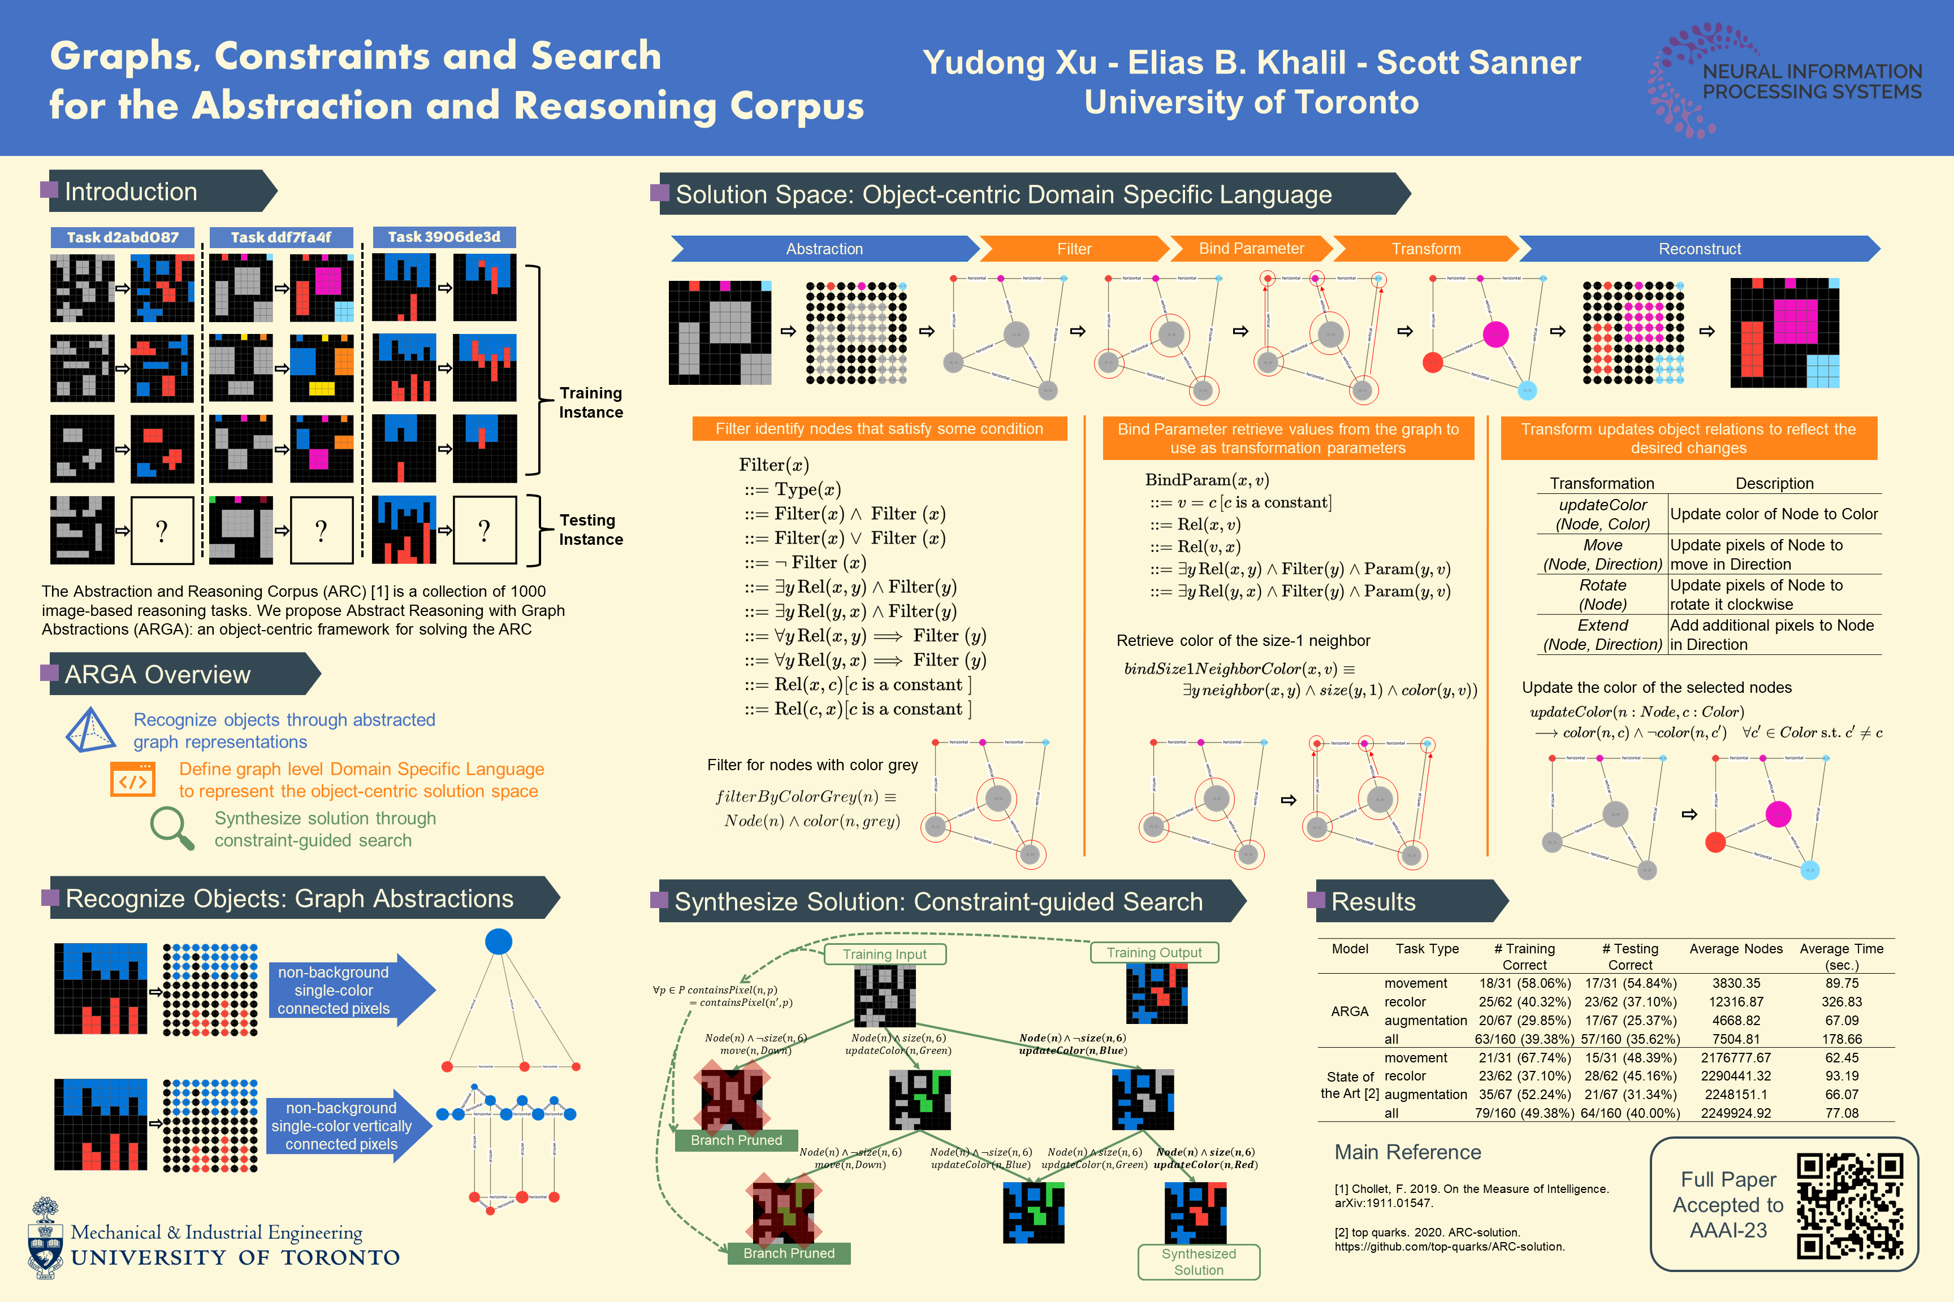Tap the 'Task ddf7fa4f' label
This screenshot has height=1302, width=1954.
point(281,237)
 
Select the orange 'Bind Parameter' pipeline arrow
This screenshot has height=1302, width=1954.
point(1251,248)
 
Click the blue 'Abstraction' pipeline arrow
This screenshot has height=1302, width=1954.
point(824,248)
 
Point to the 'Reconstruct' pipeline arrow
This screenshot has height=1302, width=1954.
point(1699,248)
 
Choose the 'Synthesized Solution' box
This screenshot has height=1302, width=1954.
point(1198,1261)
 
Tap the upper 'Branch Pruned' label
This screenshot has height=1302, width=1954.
point(736,1140)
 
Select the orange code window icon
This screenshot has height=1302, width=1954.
point(133,780)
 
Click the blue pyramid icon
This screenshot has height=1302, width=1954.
point(90,730)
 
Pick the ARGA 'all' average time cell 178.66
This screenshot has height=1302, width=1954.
point(1842,1039)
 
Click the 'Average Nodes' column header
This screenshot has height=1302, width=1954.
point(1736,948)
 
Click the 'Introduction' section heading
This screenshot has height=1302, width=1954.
point(131,192)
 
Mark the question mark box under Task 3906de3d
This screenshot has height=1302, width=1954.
point(485,531)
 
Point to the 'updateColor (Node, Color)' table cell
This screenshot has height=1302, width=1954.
point(1602,514)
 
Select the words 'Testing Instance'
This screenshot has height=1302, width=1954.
point(591,530)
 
